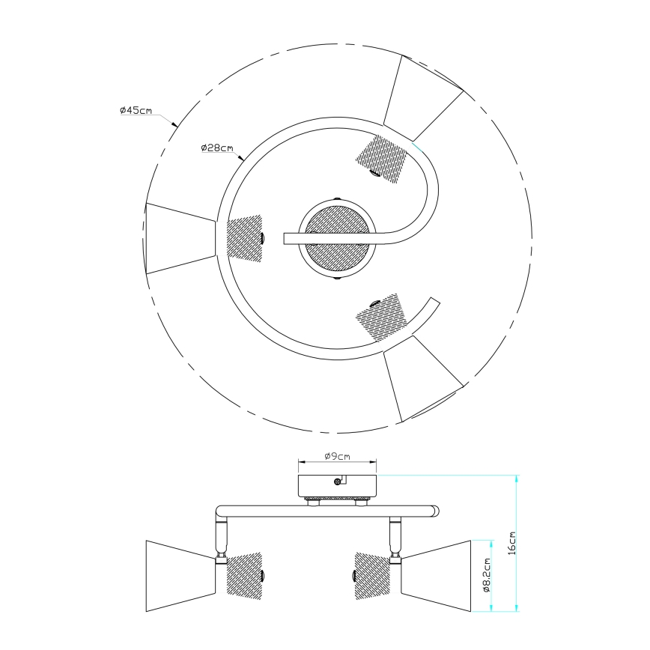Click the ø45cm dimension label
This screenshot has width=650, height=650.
tap(136, 111)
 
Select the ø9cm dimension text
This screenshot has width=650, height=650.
tap(337, 456)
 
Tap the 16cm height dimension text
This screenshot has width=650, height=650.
tap(512, 541)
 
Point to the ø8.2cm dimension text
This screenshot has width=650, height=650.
tap(486, 575)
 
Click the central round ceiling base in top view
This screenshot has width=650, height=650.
tap(334, 239)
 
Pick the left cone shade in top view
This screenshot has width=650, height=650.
tap(180, 237)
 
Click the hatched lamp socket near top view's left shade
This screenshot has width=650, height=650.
tap(245, 237)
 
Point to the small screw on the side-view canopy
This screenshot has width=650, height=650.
tap(337, 483)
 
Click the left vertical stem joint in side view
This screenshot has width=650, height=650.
tap(222, 536)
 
